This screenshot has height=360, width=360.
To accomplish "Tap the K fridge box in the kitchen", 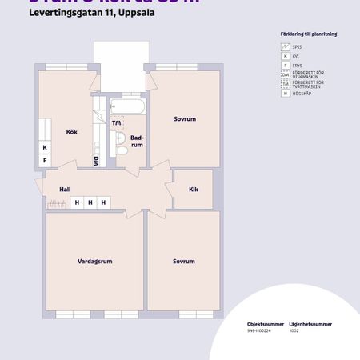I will tap(45, 148).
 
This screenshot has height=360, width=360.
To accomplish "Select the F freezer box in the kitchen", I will tap(45, 161).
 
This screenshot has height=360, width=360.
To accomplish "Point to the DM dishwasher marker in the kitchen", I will tap(97, 160).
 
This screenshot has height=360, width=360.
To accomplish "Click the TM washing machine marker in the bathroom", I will tap(117, 123).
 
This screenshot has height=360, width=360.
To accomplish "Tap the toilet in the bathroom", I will tap(121, 149).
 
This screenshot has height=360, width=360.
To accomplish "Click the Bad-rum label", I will tap(137, 142).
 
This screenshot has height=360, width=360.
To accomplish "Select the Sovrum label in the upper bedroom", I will tap(184, 119).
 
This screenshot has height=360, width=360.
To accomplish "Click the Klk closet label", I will tap(193, 190).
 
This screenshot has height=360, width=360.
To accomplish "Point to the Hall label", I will tap(65, 190).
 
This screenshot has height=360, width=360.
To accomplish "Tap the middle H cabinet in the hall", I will tap(90, 203).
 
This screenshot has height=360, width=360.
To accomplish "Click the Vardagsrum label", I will tap(94, 262).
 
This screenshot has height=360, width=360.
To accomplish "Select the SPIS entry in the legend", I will tap(289, 48).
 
